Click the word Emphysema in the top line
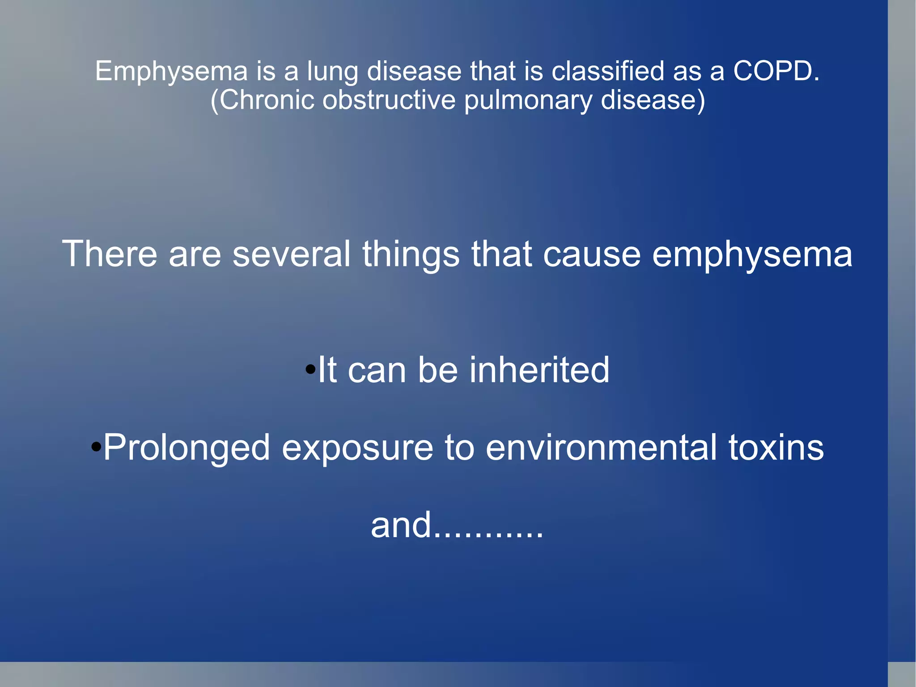point(171,72)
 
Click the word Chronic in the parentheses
point(267,100)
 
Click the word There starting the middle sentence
point(110,254)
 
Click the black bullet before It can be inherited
point(310,370)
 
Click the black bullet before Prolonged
point(96,447)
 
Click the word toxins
point(776,447)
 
